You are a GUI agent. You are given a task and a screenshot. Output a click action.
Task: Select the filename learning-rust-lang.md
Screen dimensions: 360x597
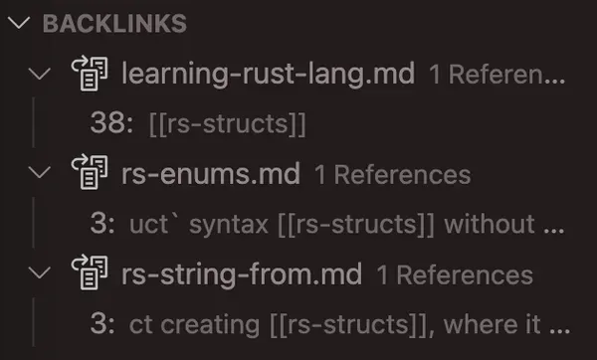269,74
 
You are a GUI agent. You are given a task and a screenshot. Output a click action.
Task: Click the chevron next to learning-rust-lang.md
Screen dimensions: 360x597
40,74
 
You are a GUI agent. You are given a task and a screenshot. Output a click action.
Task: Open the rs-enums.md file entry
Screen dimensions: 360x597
211,174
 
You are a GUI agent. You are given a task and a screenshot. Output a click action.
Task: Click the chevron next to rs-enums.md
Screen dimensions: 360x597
40,174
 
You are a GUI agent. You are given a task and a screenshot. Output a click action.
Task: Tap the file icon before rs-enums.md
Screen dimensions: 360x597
90,174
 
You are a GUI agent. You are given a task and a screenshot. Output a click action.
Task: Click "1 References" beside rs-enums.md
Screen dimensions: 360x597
392,175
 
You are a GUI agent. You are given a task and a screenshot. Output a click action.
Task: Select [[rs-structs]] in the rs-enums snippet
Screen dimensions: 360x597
354,225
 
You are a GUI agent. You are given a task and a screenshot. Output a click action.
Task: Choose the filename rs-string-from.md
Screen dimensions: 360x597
242,274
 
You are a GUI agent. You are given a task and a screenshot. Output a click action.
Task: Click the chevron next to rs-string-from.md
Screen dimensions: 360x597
40,274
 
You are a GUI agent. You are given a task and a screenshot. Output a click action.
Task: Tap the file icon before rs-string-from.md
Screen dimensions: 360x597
90,274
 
